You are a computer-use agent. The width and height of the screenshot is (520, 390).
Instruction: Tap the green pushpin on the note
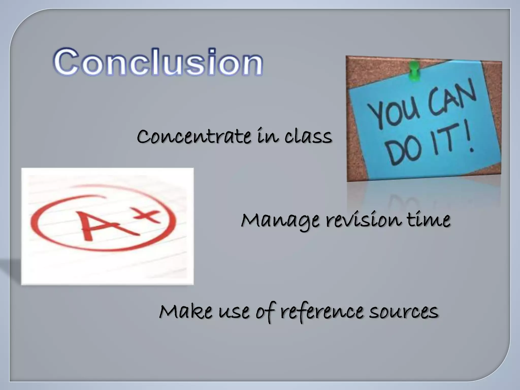tap(414, 71)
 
